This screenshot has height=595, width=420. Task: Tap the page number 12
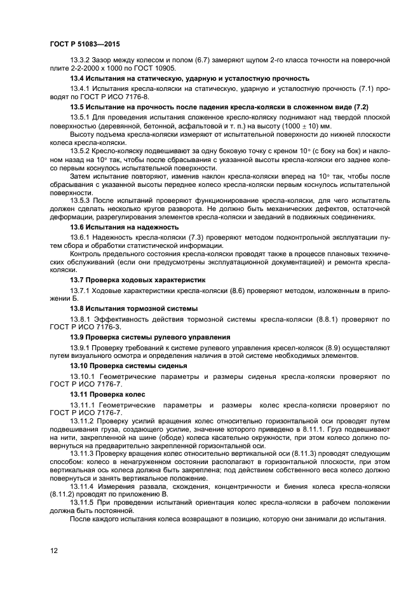coord(53,551)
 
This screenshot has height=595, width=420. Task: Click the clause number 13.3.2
coord(80,60)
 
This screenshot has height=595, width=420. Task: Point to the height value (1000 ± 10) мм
coord(302,126)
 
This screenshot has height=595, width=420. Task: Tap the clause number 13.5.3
coord(80,200)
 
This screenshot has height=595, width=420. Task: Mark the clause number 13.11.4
coord(83,486)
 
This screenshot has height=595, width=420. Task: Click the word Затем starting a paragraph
coord(80,174)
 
